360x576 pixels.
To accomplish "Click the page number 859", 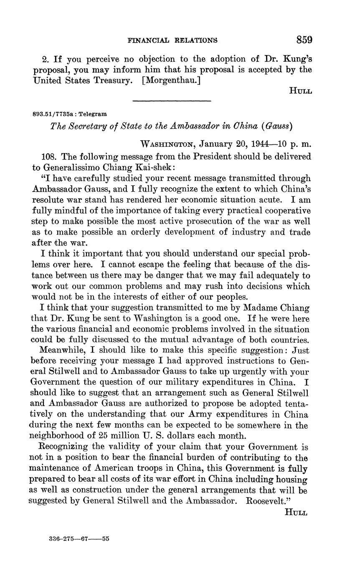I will [304, 40].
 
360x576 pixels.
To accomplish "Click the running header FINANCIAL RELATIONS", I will [172, 40].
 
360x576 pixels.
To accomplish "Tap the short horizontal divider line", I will [172, 101].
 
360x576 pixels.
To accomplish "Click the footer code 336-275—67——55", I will [79, 539].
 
